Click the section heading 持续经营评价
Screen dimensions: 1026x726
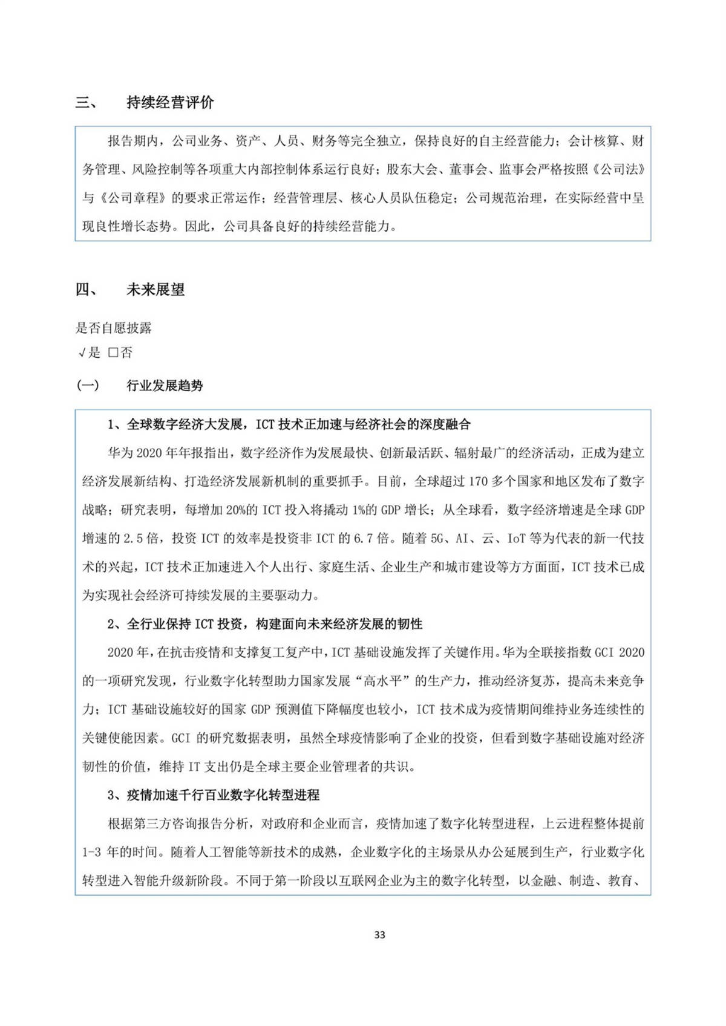pyautogui.click(x=170, y=102)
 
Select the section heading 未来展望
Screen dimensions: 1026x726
pyautogui.click(x=155, y=290)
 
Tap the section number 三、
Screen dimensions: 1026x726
pyautogui.click(x=87, y=102)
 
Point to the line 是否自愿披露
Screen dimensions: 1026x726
pyautogui.click(x=113, y=328)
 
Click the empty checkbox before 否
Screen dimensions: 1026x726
pyautogui.click(x=113, y=353)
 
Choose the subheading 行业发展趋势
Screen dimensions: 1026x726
pyautogui.click(x=165, y=386)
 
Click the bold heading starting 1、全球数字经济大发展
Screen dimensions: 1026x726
pyautogui.click(x=289, y=424)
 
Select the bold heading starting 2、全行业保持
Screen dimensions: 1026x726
pyautogui.click(x=264, y=624)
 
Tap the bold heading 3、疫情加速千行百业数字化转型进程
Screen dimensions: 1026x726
pyautogui.click(x=213, y=795)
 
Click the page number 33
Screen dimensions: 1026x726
pyautogui.click(x=379, y=935)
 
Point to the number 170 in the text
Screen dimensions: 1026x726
pyautogui.click(x=478, y=482)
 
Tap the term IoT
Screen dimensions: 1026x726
pyautogui.click(x=516, y=539)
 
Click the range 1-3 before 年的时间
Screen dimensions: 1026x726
pyautogui.click(x=91, y=852)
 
